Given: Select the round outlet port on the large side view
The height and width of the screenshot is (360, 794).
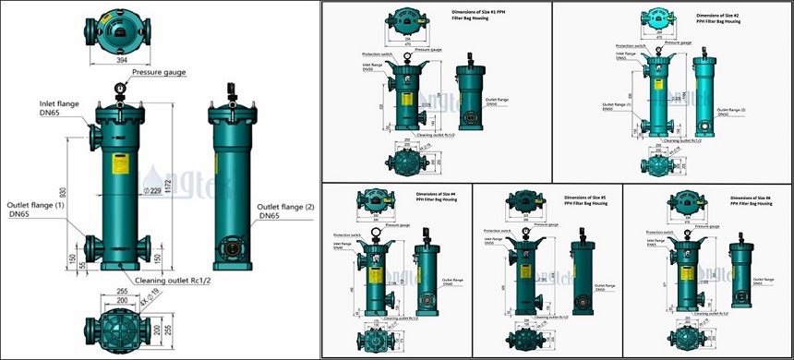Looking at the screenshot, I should click(x=230, y=247).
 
